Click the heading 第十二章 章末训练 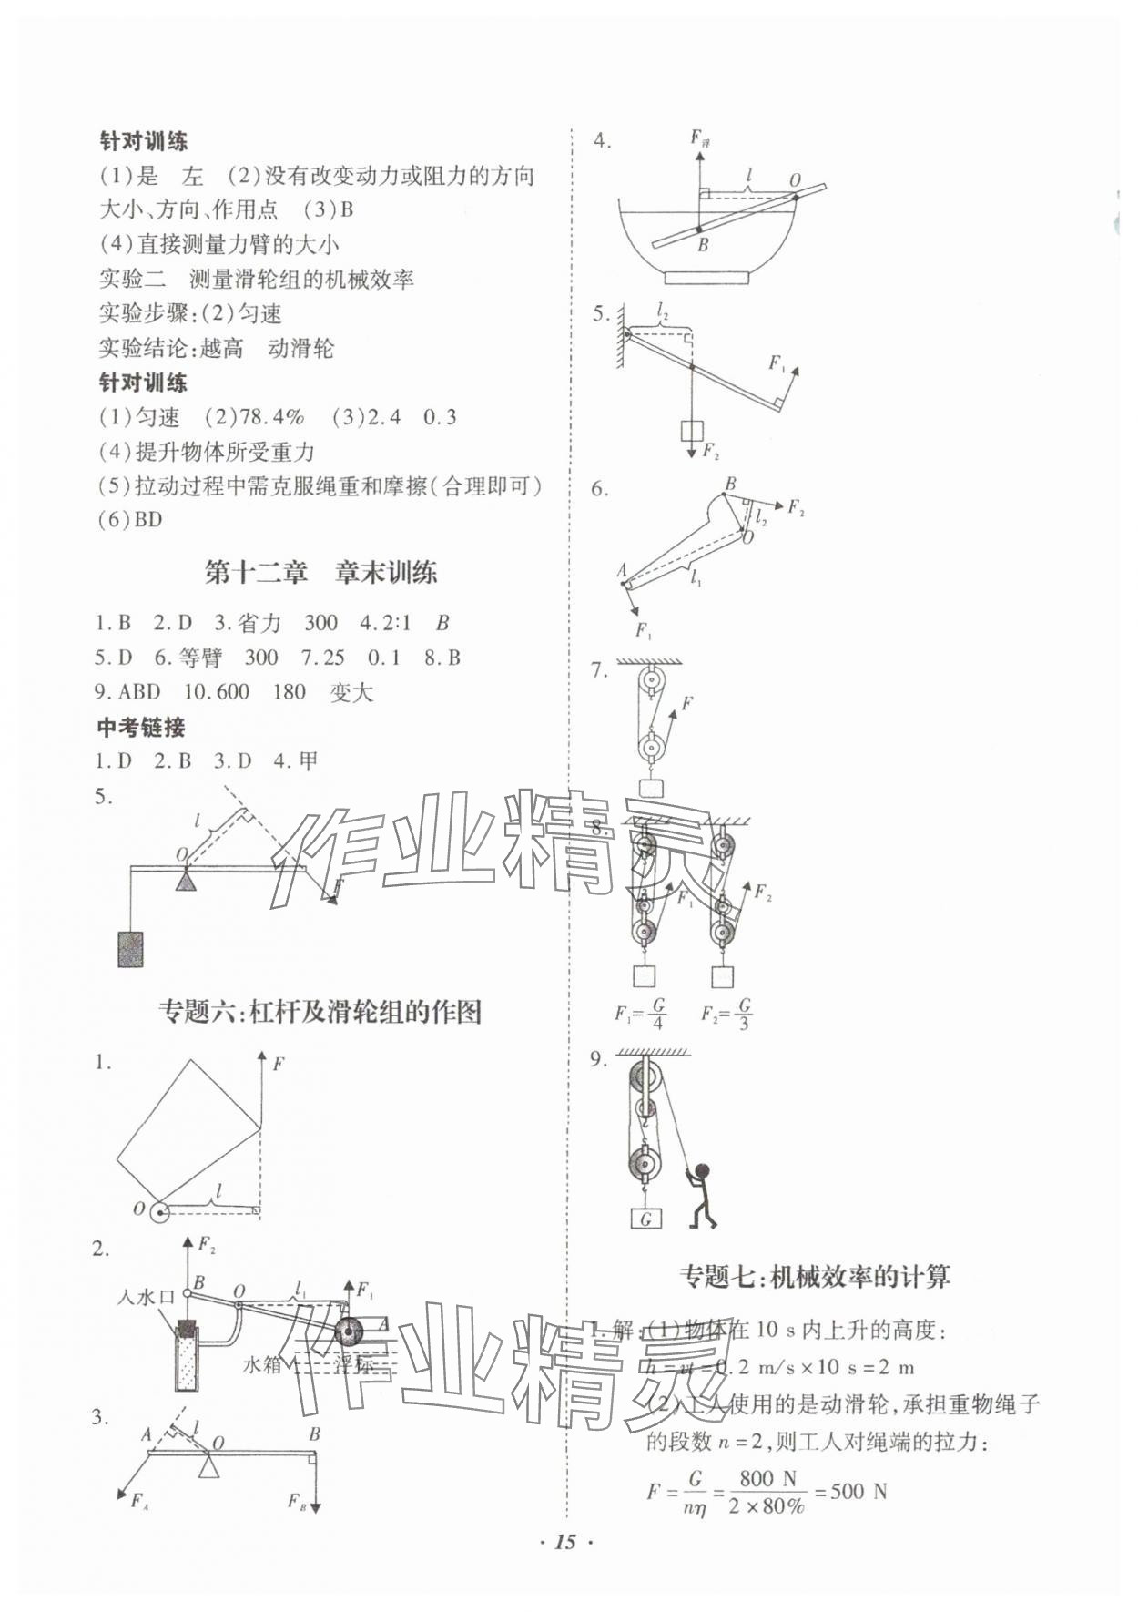[320, 573]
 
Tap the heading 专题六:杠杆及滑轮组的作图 [320, 1011]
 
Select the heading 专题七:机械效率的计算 [814, 1276]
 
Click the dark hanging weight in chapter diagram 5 [130, 948]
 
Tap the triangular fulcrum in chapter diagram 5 [186, 881]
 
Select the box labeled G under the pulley [645, 1218]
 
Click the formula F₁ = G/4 [641, 1013]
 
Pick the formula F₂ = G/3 [726, 1013]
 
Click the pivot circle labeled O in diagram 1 [160, 1211]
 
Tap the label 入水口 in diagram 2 [145, 1297]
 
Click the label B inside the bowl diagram [703, 244]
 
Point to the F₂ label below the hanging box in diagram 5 [711, 452]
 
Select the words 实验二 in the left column [132, 280]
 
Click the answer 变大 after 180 [351, 692]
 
